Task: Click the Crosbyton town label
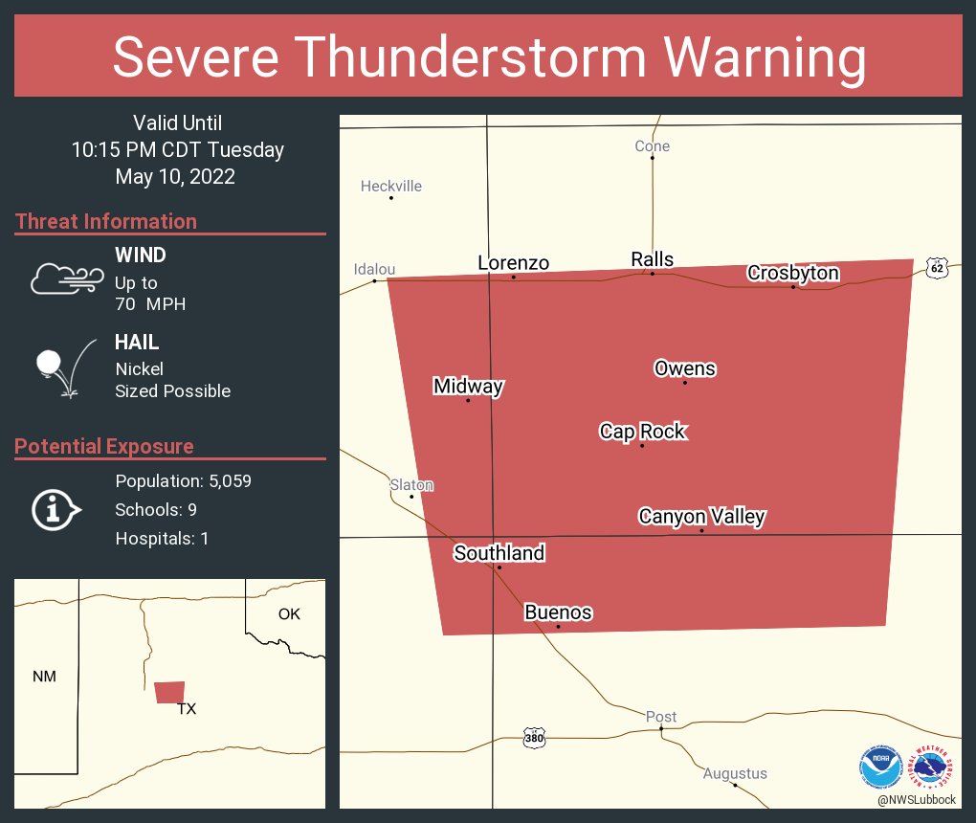[793, 274]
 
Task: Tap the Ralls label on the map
[653, 259]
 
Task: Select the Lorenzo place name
[514, 263]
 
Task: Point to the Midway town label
[468, 387]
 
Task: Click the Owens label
[685, 368]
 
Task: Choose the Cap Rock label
[643, 432]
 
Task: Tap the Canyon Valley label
[701, 517]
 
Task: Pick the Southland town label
[499, 553]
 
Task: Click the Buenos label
[558, 612]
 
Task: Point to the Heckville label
[391, 187]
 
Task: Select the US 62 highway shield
[938, 269]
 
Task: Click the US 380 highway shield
[535, 738]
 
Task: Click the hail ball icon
[49, 363]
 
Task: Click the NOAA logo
[881, 767]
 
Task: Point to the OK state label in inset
[289, 614]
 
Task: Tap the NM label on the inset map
[44, 677]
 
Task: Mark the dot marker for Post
[661, 729]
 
